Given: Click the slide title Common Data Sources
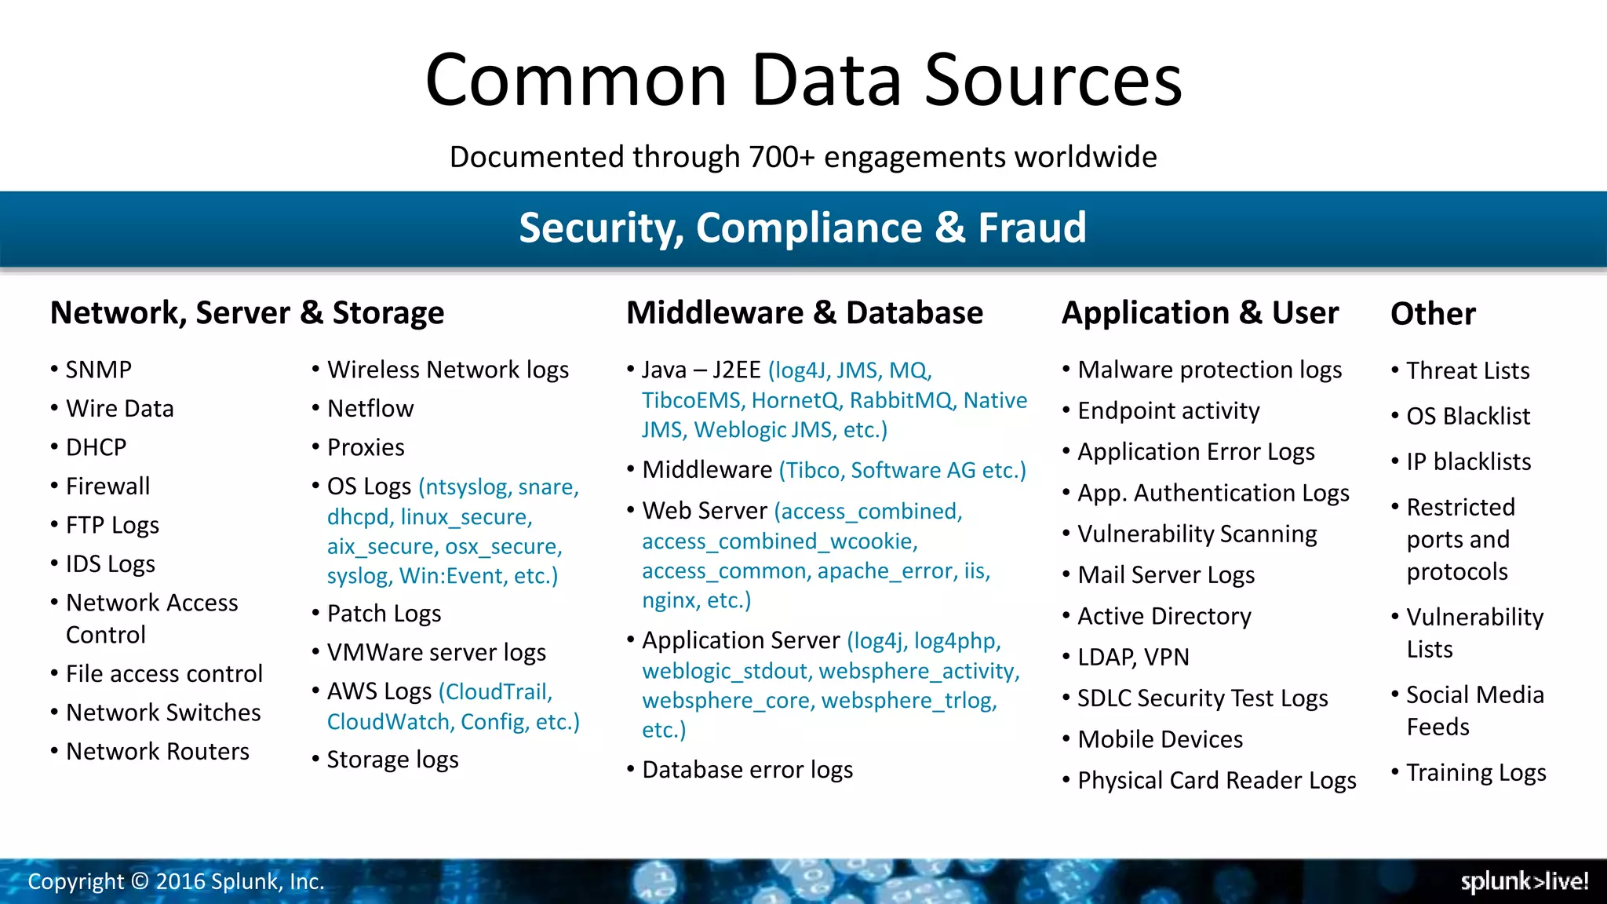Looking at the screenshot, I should (x=803, y=80).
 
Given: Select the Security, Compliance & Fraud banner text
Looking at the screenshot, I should (x=803, y=228).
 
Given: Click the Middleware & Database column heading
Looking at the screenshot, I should (x=804, y=312).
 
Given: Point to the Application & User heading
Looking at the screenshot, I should (x=1200, y=312).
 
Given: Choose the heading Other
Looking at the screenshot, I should (x=1433, y=314).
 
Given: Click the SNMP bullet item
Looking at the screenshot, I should (x=98, y=370).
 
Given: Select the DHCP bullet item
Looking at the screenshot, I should (x=96, y=447).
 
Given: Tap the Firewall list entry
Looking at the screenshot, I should (x=107, y=487).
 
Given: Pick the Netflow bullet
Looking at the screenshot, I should (x=370, y=409).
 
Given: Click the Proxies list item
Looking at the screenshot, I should (x=366, y=447).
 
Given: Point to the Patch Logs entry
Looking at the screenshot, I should (x=384, y=614).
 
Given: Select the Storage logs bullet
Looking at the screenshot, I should (x=392, y=760).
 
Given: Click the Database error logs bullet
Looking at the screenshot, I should (x=747, y=770).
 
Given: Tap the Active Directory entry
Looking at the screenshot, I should (x=1164, y=616).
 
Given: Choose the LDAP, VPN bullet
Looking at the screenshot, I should (x=1133, y=657).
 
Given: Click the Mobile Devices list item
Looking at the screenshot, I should (x=1160, y=739).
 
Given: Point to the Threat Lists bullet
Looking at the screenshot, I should (x=1467, y=370).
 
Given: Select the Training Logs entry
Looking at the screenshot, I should (x=1476, y=773).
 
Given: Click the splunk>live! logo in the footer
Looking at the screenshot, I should (x=1524, y=881).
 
